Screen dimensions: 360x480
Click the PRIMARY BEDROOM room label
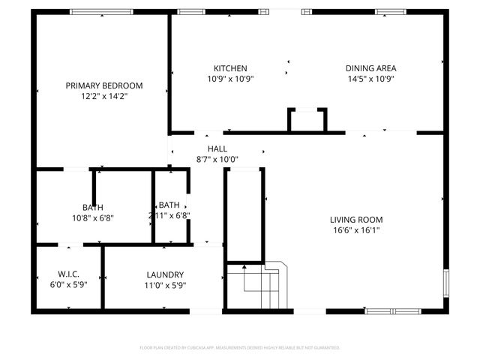coord(103,85)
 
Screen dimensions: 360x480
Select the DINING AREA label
coord(370,68)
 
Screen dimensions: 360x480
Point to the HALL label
coord(217,149)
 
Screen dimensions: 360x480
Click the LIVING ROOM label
coord(356,220)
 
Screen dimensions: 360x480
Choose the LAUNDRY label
coord(165,275)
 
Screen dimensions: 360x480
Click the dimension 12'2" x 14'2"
coord(103,96)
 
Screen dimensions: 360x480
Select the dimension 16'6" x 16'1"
coord(356,230)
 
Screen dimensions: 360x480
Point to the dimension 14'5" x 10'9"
coord(370,79)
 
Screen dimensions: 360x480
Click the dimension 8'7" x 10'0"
coord(217,159)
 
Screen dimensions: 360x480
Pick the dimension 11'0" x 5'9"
coord(165,285)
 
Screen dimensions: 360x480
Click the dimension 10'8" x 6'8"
coord(93,217)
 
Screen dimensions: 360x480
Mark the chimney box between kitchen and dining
coord(307,120)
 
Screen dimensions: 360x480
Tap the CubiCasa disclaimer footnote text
coord(240,348)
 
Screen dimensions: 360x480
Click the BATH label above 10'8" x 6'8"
coord(93,207)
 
